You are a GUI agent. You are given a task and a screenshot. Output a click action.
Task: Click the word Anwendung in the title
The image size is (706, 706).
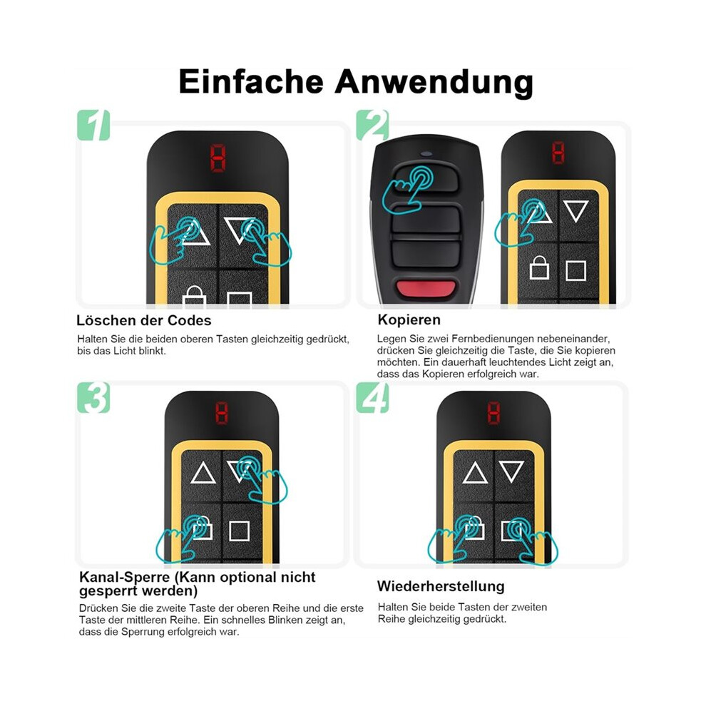pos(434,83)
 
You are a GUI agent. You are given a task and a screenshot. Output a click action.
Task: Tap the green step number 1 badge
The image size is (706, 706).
pos(93,126)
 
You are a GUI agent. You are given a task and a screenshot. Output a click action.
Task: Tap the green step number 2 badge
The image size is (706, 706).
pos(372,126)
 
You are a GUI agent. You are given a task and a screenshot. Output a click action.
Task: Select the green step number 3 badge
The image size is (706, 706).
pos(93,398)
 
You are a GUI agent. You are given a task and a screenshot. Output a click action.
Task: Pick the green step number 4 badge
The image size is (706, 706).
pos(372,398)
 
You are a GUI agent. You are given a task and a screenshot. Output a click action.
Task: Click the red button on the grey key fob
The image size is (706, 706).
pos(426,288)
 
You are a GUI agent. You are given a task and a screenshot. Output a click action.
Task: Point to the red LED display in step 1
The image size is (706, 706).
pos(218,158)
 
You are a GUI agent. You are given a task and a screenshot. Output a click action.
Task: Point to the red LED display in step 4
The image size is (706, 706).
pos(494,412)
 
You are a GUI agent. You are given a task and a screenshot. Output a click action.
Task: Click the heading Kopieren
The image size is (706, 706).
pos(409,319)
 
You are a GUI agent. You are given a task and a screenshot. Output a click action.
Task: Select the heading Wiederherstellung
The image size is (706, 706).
pos(441,586)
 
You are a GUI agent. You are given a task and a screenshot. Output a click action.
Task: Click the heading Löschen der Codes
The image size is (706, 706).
pos(143,320)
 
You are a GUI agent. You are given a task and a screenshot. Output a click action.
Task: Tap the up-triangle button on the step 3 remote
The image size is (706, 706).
pos(203,474)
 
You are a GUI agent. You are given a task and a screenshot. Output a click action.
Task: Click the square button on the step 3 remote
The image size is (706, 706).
pos(240,531)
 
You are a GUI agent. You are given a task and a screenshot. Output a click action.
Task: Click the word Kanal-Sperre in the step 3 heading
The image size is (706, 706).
pos(124,577)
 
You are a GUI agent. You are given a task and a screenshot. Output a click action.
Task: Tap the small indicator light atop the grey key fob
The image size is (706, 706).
pos(426,153)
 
